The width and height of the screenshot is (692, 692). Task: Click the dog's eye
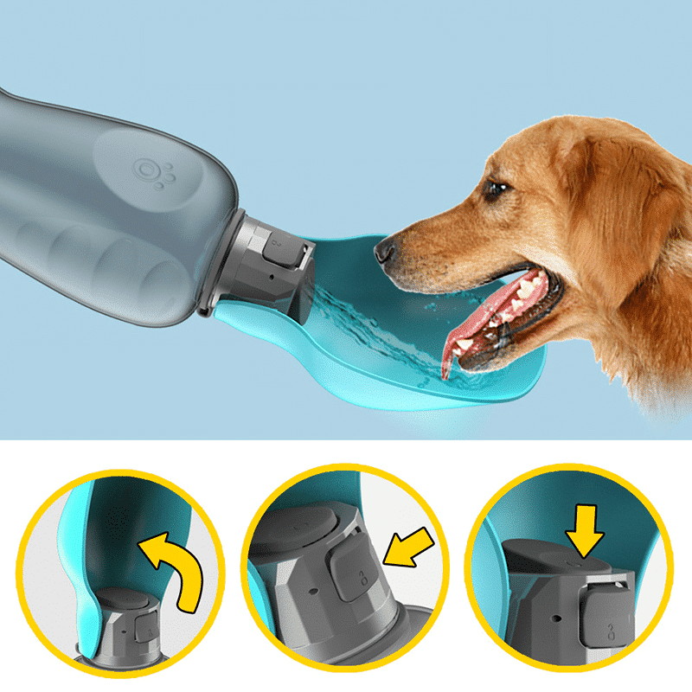pyautogui.click(x=496, y=188)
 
